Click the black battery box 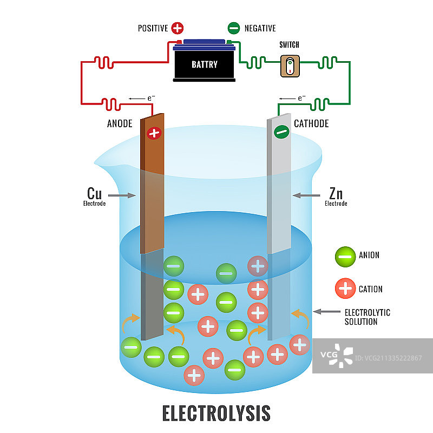pyautogui.click(x=205, y=64)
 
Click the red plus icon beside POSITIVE pyautogui.click(x=177, y=28)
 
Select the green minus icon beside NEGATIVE pyautogui.click(x=234, y=28)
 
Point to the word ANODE pyautogui.click(x=120, y=123)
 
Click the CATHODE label pyautogui.click(x=311, y=123)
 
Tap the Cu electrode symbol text pyautogui.click(x=94, y=193)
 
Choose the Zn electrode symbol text pyautogui.click(x=336, y=193)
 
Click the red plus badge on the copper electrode pyautogui.click(x=154, y=133)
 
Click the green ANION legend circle pyautogui.click(x=345, y=255)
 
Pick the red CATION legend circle pyautogui.click(x=345, y=288)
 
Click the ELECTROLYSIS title pyautogui.click(x=216, y=413)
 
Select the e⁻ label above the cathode pyautogui.click(x=302, y=99)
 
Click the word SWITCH pyautogui.click(x=290, y=45)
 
